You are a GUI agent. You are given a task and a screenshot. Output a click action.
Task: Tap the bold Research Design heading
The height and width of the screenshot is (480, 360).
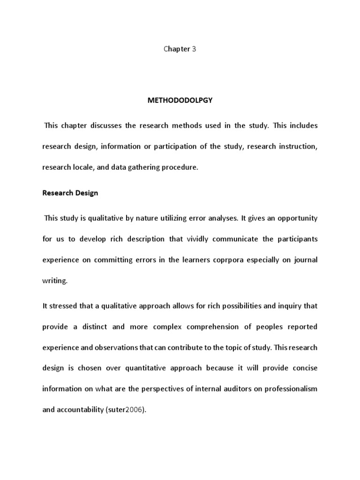(70, 193)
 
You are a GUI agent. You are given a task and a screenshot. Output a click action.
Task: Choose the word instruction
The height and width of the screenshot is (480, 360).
(300, 147)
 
